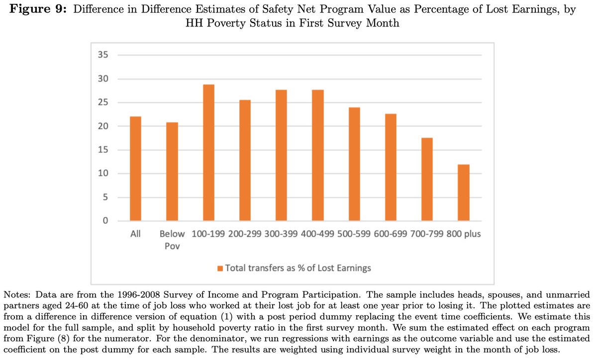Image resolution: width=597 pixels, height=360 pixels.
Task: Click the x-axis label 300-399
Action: [x=282, y=234]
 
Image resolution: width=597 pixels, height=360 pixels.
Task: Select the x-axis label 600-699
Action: [x=391, y=234]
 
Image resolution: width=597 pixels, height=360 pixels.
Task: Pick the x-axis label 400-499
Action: [x=318, y=234]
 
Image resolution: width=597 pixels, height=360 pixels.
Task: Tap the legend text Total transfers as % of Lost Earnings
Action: [x=298, y=268]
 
